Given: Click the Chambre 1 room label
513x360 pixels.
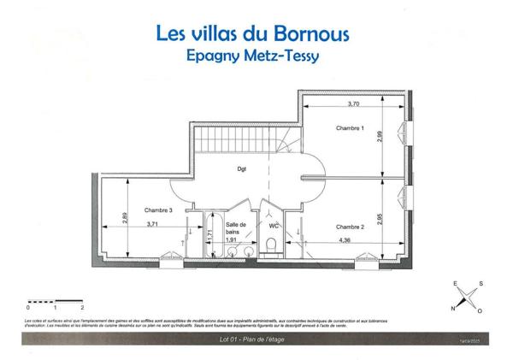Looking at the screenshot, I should pos(351,128).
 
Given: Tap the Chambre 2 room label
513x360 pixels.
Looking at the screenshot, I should pos(351,226).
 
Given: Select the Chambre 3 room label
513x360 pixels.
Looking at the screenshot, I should pos(158,210).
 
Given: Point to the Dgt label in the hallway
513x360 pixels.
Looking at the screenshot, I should pos(242,168).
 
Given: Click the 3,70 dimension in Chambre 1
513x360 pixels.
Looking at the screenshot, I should pos(353,103).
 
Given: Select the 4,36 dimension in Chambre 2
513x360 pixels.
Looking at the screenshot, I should pos(345,240).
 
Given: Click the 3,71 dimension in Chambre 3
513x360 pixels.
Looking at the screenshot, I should pos(153,224).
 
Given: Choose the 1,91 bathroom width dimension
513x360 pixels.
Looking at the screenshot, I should pos(230,240).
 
